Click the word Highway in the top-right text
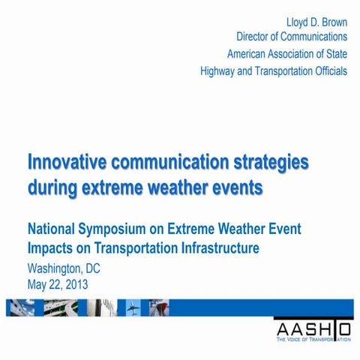click(220, 72)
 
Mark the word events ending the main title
click(238, 187)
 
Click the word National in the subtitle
click(54, 229)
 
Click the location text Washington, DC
click(63, 268)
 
